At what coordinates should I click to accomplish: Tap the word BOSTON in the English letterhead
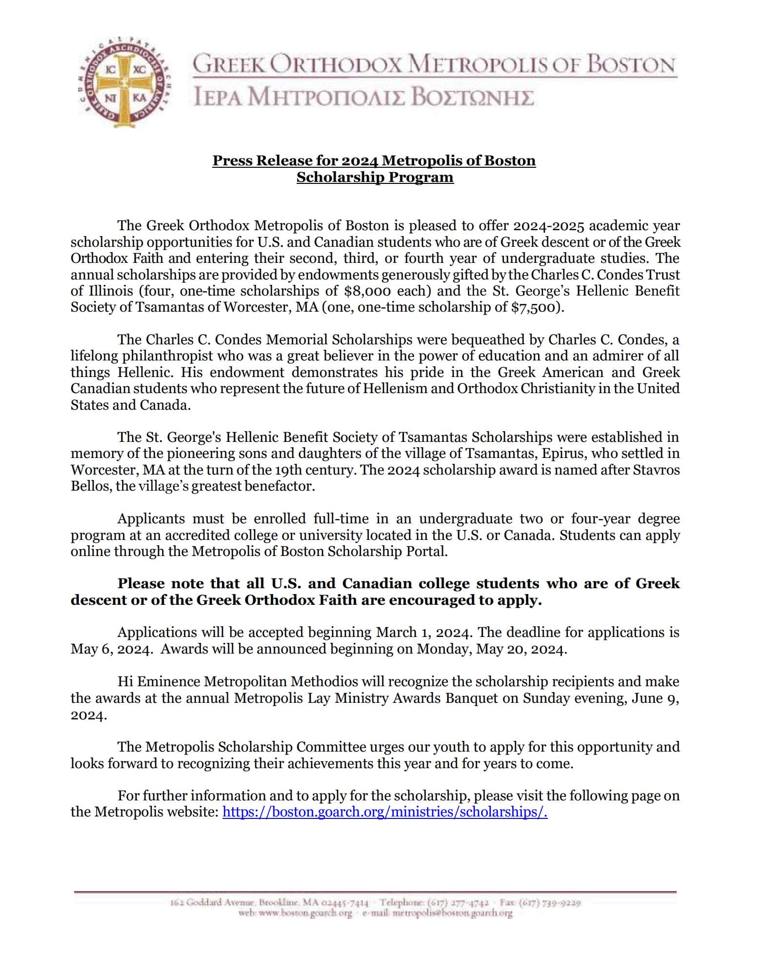(630, 65)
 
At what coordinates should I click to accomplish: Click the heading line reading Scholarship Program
(375, 177)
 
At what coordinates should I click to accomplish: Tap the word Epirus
(565, 454)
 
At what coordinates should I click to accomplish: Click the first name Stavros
(655, 470)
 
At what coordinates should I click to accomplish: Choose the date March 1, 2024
(423, 633)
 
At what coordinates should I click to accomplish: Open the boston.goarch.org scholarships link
(384, 812)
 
